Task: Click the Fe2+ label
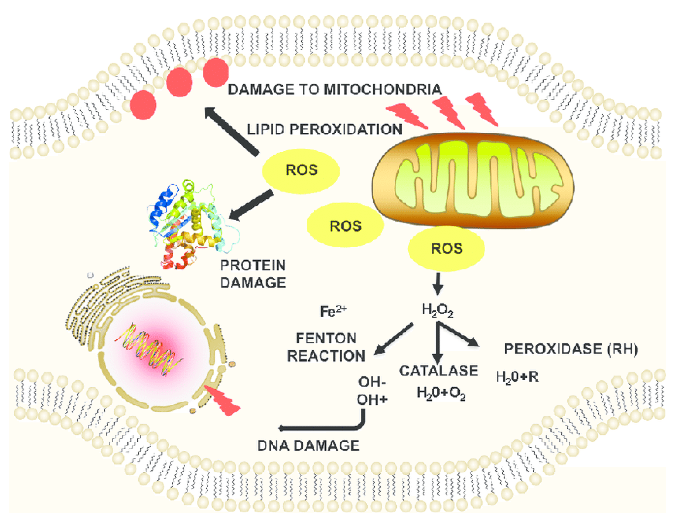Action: click(x=333, y=311)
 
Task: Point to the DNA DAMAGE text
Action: click(x=308, y=446)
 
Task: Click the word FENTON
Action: click(x=326, y=338)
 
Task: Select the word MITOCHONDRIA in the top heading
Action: click(x=382, y=90)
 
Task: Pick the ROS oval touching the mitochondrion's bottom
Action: click(x=446, y=249)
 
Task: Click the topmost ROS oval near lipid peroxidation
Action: click(x=301, y=170)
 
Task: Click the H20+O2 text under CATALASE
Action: click(x=441, y=393)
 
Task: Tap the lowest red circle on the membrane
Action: click(x=143, y=105)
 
